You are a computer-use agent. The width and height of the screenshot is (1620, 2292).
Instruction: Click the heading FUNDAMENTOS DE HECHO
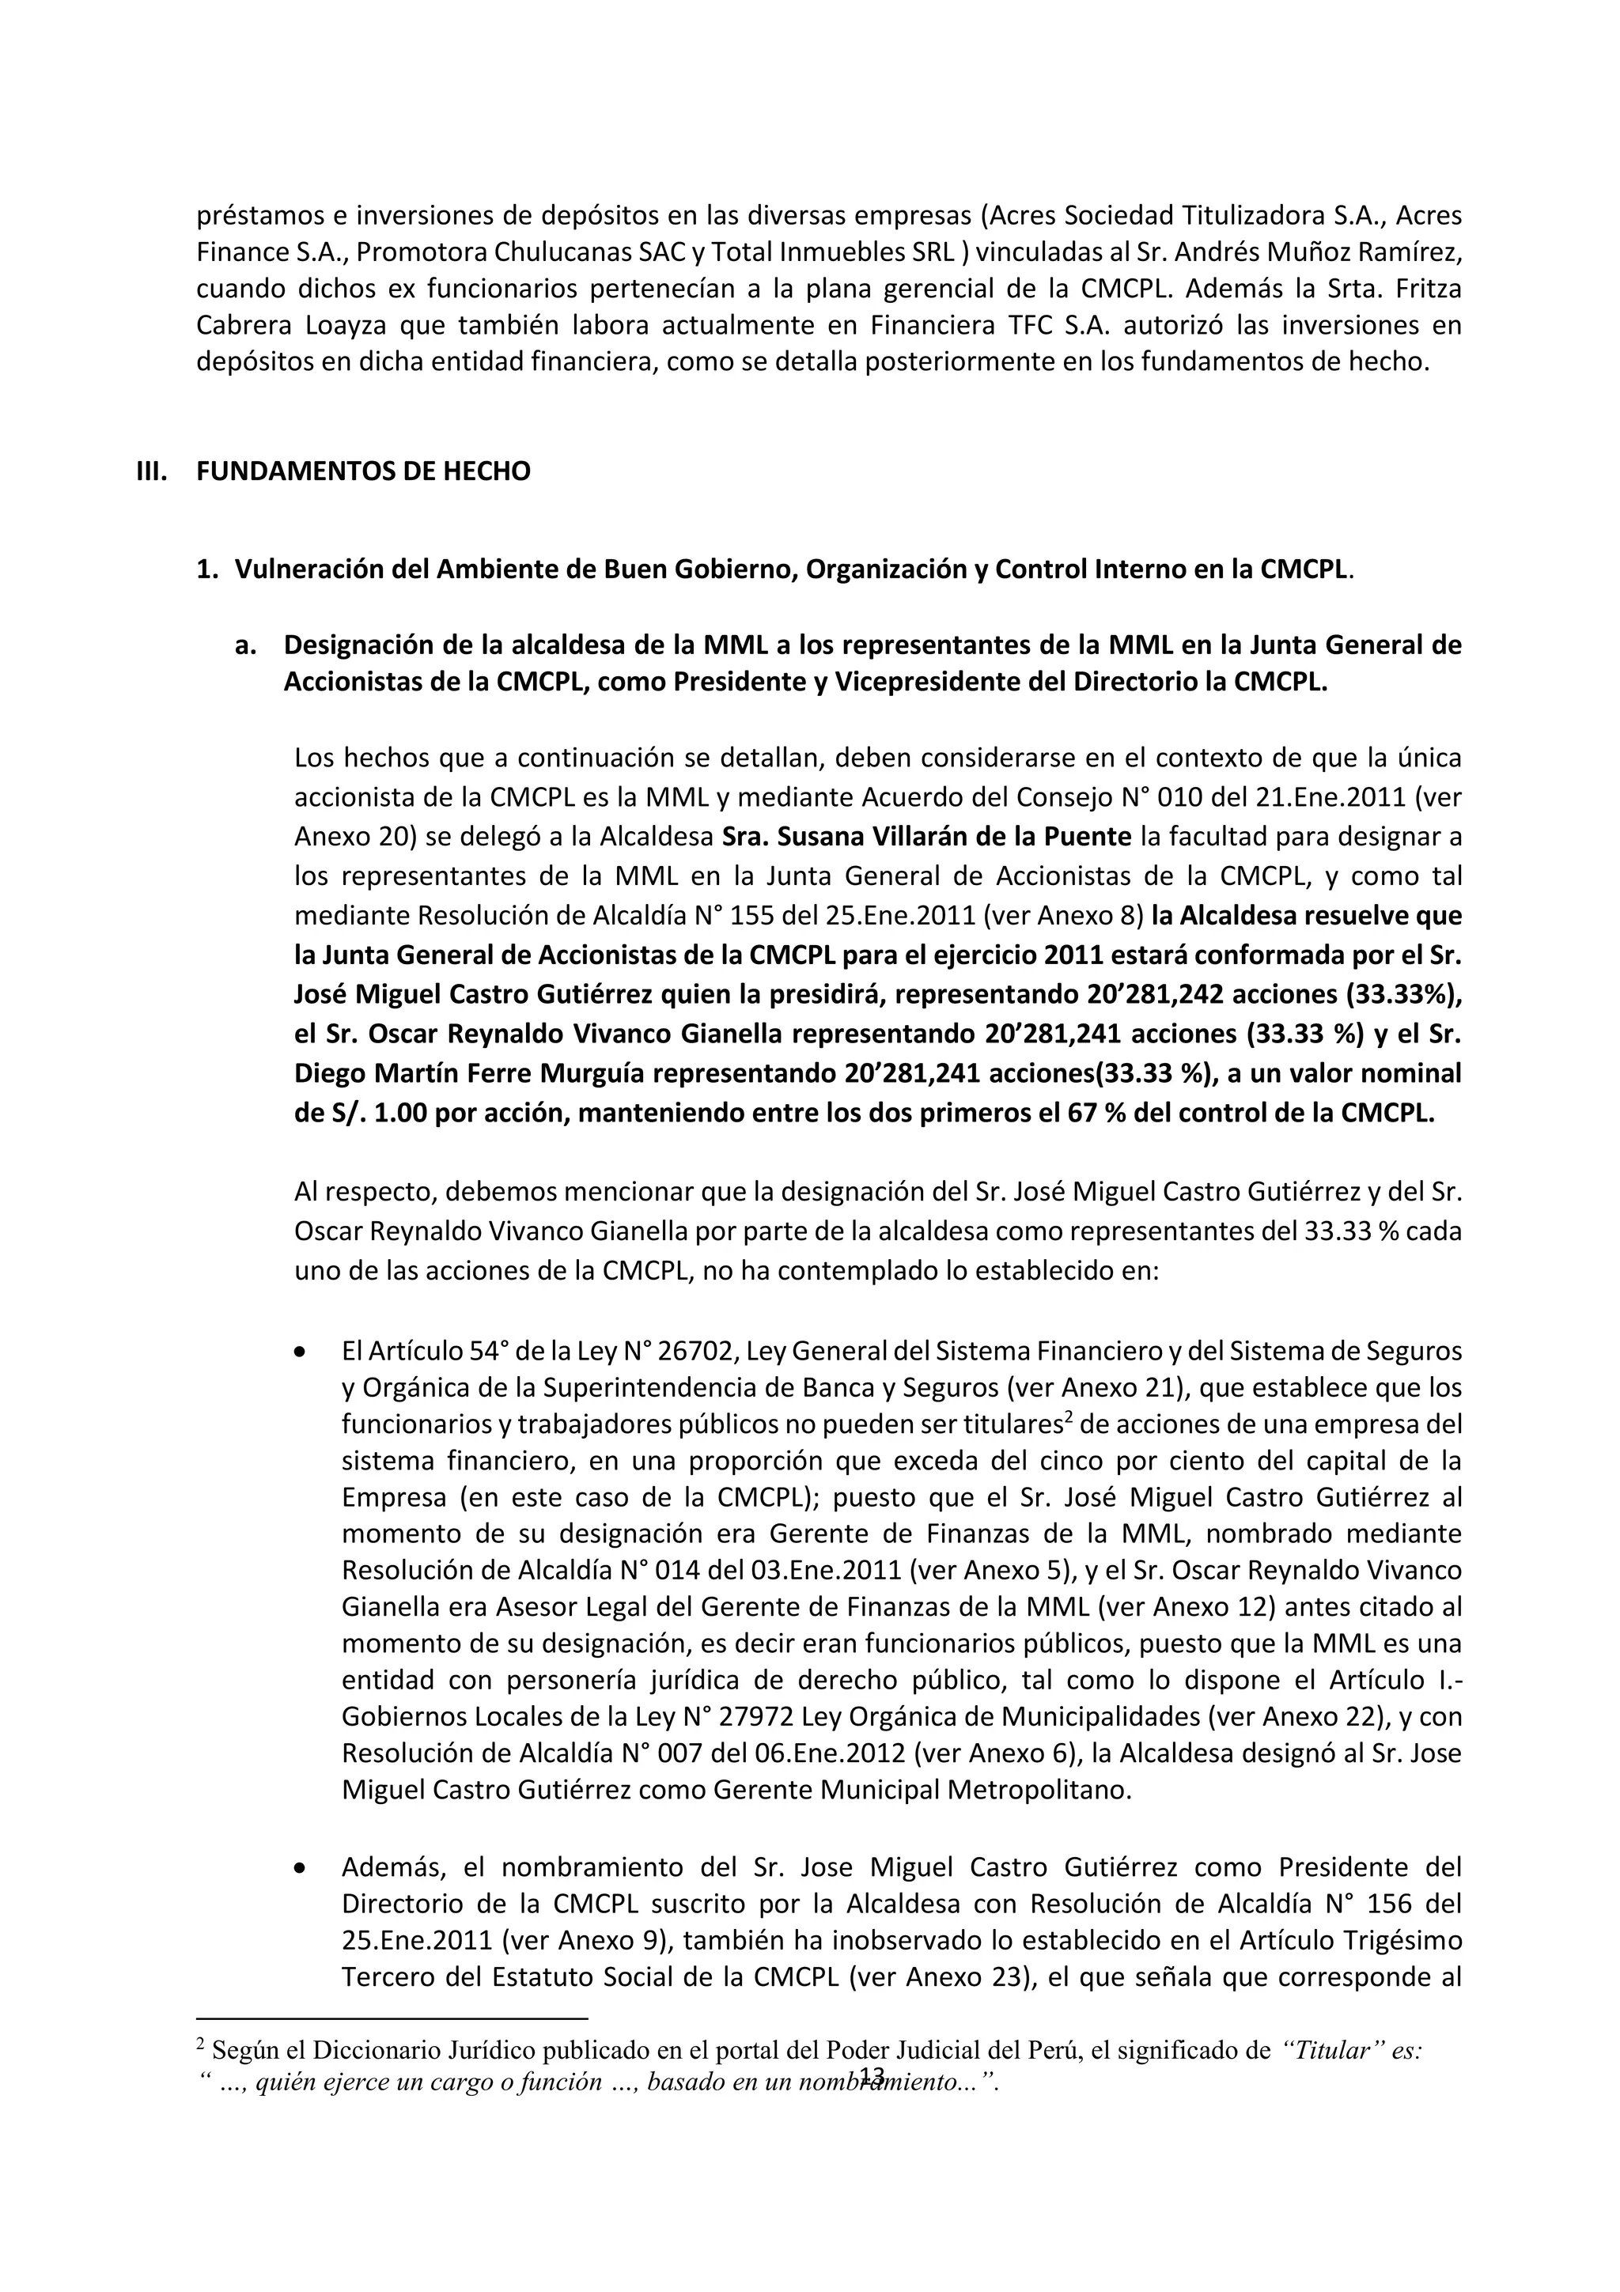point(363,471)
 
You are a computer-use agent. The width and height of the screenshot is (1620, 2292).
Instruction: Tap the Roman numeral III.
point(151,471)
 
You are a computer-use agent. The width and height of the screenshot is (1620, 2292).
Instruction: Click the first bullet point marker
point(301,1352)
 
